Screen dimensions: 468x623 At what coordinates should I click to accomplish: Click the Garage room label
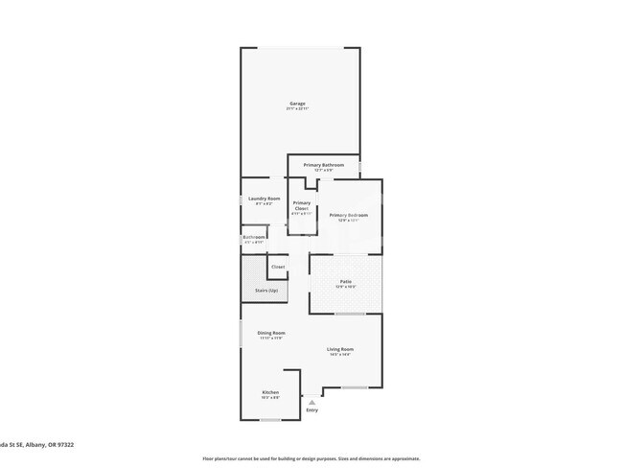[298, 104]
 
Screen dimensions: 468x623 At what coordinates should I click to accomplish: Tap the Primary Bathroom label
[323, 165]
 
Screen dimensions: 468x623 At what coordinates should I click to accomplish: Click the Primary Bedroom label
[349, 215]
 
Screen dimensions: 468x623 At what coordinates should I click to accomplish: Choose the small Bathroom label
[253, 237]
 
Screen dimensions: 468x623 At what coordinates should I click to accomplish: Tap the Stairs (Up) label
[266, 290]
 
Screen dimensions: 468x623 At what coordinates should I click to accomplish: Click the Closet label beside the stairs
[278, 267]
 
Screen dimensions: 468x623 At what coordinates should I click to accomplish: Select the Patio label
[345, 281]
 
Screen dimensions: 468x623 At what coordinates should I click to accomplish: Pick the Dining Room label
[271, 333]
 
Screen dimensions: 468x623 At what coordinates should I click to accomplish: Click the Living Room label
[340, 349]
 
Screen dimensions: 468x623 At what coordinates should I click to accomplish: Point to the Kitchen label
[270, 392]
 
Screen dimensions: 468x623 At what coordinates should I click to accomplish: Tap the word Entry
[311, 410]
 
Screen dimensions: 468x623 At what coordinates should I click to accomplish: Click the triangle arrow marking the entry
[311, 402]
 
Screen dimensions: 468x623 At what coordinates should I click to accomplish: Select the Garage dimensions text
[298, 109]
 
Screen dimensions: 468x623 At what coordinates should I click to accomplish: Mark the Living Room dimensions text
[340, 355]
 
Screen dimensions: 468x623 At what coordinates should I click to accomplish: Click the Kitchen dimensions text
[270, 398]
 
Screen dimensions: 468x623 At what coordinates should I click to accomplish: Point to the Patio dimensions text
[345, 287]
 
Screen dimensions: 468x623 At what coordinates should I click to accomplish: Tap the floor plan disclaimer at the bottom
[311, 458]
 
